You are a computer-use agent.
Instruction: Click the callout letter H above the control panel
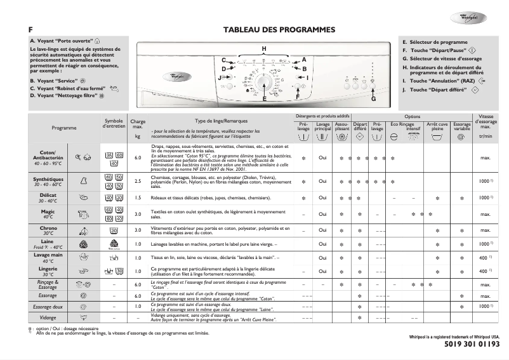[264, 49]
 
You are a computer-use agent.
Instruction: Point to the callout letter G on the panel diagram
[374, 100]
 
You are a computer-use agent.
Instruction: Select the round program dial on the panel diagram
[267, 84]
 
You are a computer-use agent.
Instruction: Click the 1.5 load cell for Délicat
[138, 197]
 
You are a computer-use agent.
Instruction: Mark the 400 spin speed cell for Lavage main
[484, 258]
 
